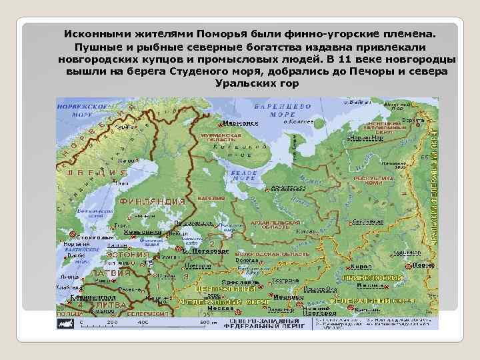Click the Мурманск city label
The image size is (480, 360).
pos(241,123)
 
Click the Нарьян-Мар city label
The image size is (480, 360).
pos(366,137)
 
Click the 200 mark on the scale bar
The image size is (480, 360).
pos(111,322)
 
